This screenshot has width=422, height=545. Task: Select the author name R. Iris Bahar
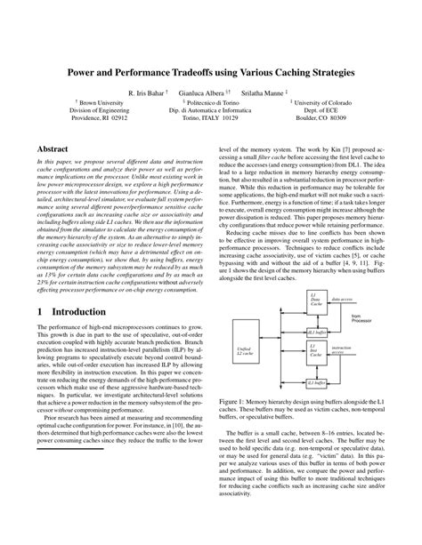pyautogui.click(x=150, y=92)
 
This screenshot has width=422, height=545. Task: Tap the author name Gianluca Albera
pyautogui.click(x=205, y=92)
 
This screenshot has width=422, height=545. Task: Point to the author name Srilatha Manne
pyautogui.click(x=267, y=92)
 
